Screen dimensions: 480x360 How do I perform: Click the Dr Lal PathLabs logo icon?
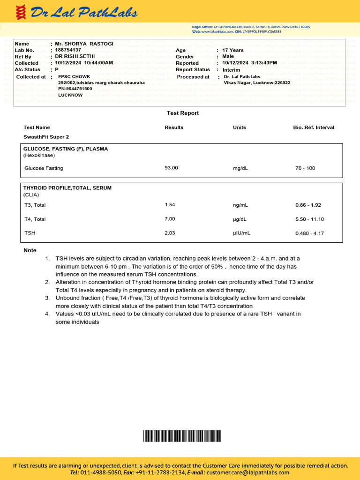[20, 12]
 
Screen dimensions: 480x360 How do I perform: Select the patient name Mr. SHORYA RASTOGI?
[84, 44]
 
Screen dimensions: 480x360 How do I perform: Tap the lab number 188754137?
[68, 50]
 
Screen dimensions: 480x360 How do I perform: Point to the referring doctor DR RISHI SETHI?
[75, 56]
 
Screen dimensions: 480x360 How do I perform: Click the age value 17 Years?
[233, 50]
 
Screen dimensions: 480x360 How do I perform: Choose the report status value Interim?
[232, 69]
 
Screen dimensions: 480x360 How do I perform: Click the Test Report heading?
[183, 113]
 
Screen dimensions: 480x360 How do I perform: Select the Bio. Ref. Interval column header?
[314, 127]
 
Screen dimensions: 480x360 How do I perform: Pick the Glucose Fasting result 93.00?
[171, 167]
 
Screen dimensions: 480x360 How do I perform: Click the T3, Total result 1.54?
[170, 205]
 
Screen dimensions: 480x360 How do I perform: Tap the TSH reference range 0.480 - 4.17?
[309, 233]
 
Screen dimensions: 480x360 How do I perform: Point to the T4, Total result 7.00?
[170, 219]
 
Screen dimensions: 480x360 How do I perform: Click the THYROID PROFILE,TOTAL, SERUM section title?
[67, 188]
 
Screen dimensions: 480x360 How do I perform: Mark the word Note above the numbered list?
[30, 250]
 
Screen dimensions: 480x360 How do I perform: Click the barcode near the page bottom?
[181, 436]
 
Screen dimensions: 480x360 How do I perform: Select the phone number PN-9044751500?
[75, 89]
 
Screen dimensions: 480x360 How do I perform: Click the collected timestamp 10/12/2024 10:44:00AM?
[84, 63]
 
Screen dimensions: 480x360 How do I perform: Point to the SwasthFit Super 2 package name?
[46, 137]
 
